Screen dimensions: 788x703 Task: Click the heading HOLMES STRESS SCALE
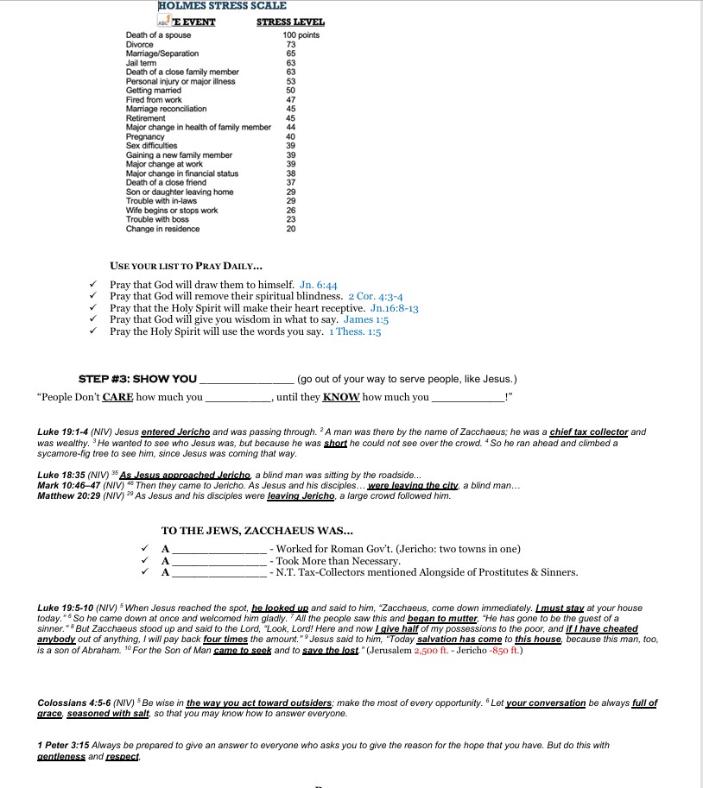tap(223, 6)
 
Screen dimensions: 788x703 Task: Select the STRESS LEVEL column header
tap(291, 22)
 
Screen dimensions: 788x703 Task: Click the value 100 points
tap(301, 35)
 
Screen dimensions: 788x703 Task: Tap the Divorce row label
tap(140, 45)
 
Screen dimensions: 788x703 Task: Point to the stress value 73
tap(291, 45)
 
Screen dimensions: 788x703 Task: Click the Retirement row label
tap(145, 118)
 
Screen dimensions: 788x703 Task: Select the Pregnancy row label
tap(145, 136)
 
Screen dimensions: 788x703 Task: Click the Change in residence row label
tap(162, 229)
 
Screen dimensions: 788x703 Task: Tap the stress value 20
tap(291, 229)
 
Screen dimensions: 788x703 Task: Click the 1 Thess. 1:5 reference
tap(355, 331)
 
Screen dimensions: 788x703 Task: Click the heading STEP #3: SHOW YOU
tap(138, 379)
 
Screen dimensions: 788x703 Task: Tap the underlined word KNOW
tap(340, 398)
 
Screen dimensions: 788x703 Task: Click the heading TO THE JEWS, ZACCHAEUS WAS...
tap(258, 531)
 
